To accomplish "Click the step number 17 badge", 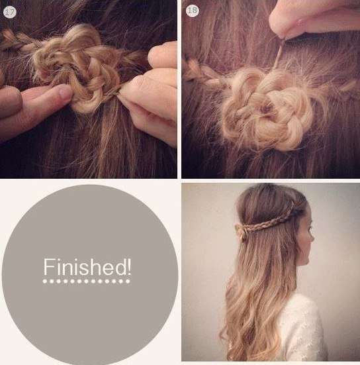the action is point(10,12).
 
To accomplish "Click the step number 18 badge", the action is point(193,11).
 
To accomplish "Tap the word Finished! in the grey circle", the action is point(87,267).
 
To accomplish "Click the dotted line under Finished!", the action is point(86,282).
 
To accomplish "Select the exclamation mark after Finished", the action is point(129,266).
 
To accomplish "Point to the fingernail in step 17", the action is point(64,92).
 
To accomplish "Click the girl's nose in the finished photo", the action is point(312,237).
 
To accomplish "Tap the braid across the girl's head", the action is point(267,221).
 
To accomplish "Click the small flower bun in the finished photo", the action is point(240,230).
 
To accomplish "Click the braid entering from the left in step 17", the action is point(19,40).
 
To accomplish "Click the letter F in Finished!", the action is point(48,267).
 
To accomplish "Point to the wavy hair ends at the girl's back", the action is point(251,331).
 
